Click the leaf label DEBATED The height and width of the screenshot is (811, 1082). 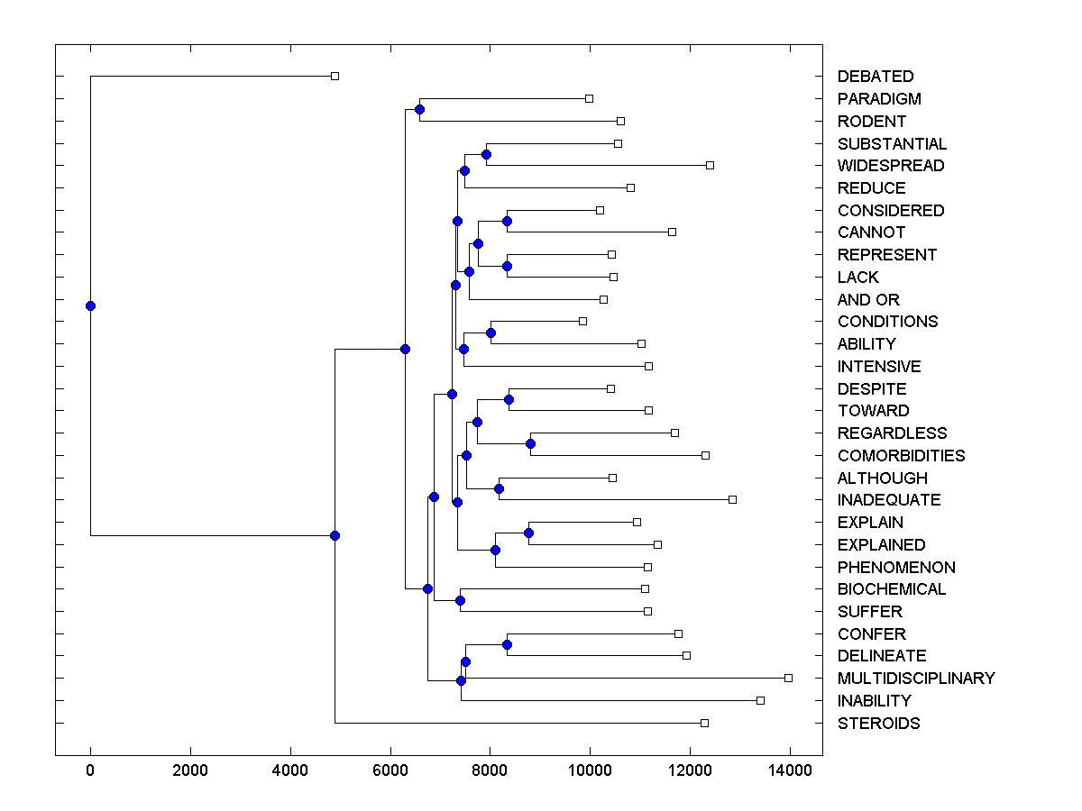pos(875,77)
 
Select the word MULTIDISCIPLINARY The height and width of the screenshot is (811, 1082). pos(915,679)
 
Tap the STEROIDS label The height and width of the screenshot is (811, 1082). pos(878,724)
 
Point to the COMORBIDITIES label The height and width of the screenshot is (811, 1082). pos(901,456)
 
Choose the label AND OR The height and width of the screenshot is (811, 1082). pos(868,300)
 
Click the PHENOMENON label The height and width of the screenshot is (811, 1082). pos(896,568)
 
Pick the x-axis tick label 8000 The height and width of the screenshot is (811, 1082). pos(490,770)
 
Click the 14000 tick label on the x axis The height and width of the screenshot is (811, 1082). pos(790,770)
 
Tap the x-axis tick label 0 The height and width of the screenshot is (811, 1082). pos(90,770)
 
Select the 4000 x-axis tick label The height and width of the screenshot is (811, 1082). pos(290,770)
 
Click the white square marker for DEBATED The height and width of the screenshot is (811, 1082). pos(335,76)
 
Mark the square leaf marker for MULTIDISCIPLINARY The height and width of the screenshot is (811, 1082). pos(788,678)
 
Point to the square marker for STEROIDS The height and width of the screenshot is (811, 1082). pos(704,723)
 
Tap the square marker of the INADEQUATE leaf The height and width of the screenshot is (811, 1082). pos(732,499)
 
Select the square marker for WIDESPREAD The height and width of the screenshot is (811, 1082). pos(710,165)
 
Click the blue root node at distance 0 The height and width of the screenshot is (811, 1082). pos(90,305)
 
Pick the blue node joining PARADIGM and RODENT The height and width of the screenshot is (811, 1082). pos(419,109)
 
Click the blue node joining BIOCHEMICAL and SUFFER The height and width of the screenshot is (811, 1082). pos(460,600)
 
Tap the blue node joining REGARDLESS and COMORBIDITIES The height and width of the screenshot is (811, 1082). pos(530,443)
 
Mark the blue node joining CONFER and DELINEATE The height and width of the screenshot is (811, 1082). pos(507,644)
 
